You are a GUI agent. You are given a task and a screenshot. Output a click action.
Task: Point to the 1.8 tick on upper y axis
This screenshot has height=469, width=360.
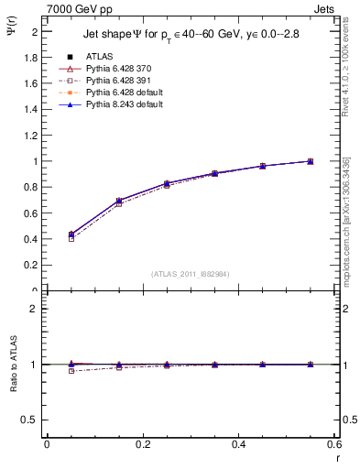tap(32, 57)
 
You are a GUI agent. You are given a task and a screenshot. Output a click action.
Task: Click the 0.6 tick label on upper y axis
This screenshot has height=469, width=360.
tap(32, 213)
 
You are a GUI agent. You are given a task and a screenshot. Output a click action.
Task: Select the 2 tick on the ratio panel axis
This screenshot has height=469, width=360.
tap(35, 309)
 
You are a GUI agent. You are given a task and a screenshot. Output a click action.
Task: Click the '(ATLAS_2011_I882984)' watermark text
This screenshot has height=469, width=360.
tap(190, 273)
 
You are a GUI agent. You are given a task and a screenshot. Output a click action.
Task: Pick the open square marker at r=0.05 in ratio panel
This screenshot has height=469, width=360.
tap(46, 371)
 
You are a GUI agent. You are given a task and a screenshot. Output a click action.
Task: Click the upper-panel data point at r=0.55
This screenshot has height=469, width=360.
tap(311, 161)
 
